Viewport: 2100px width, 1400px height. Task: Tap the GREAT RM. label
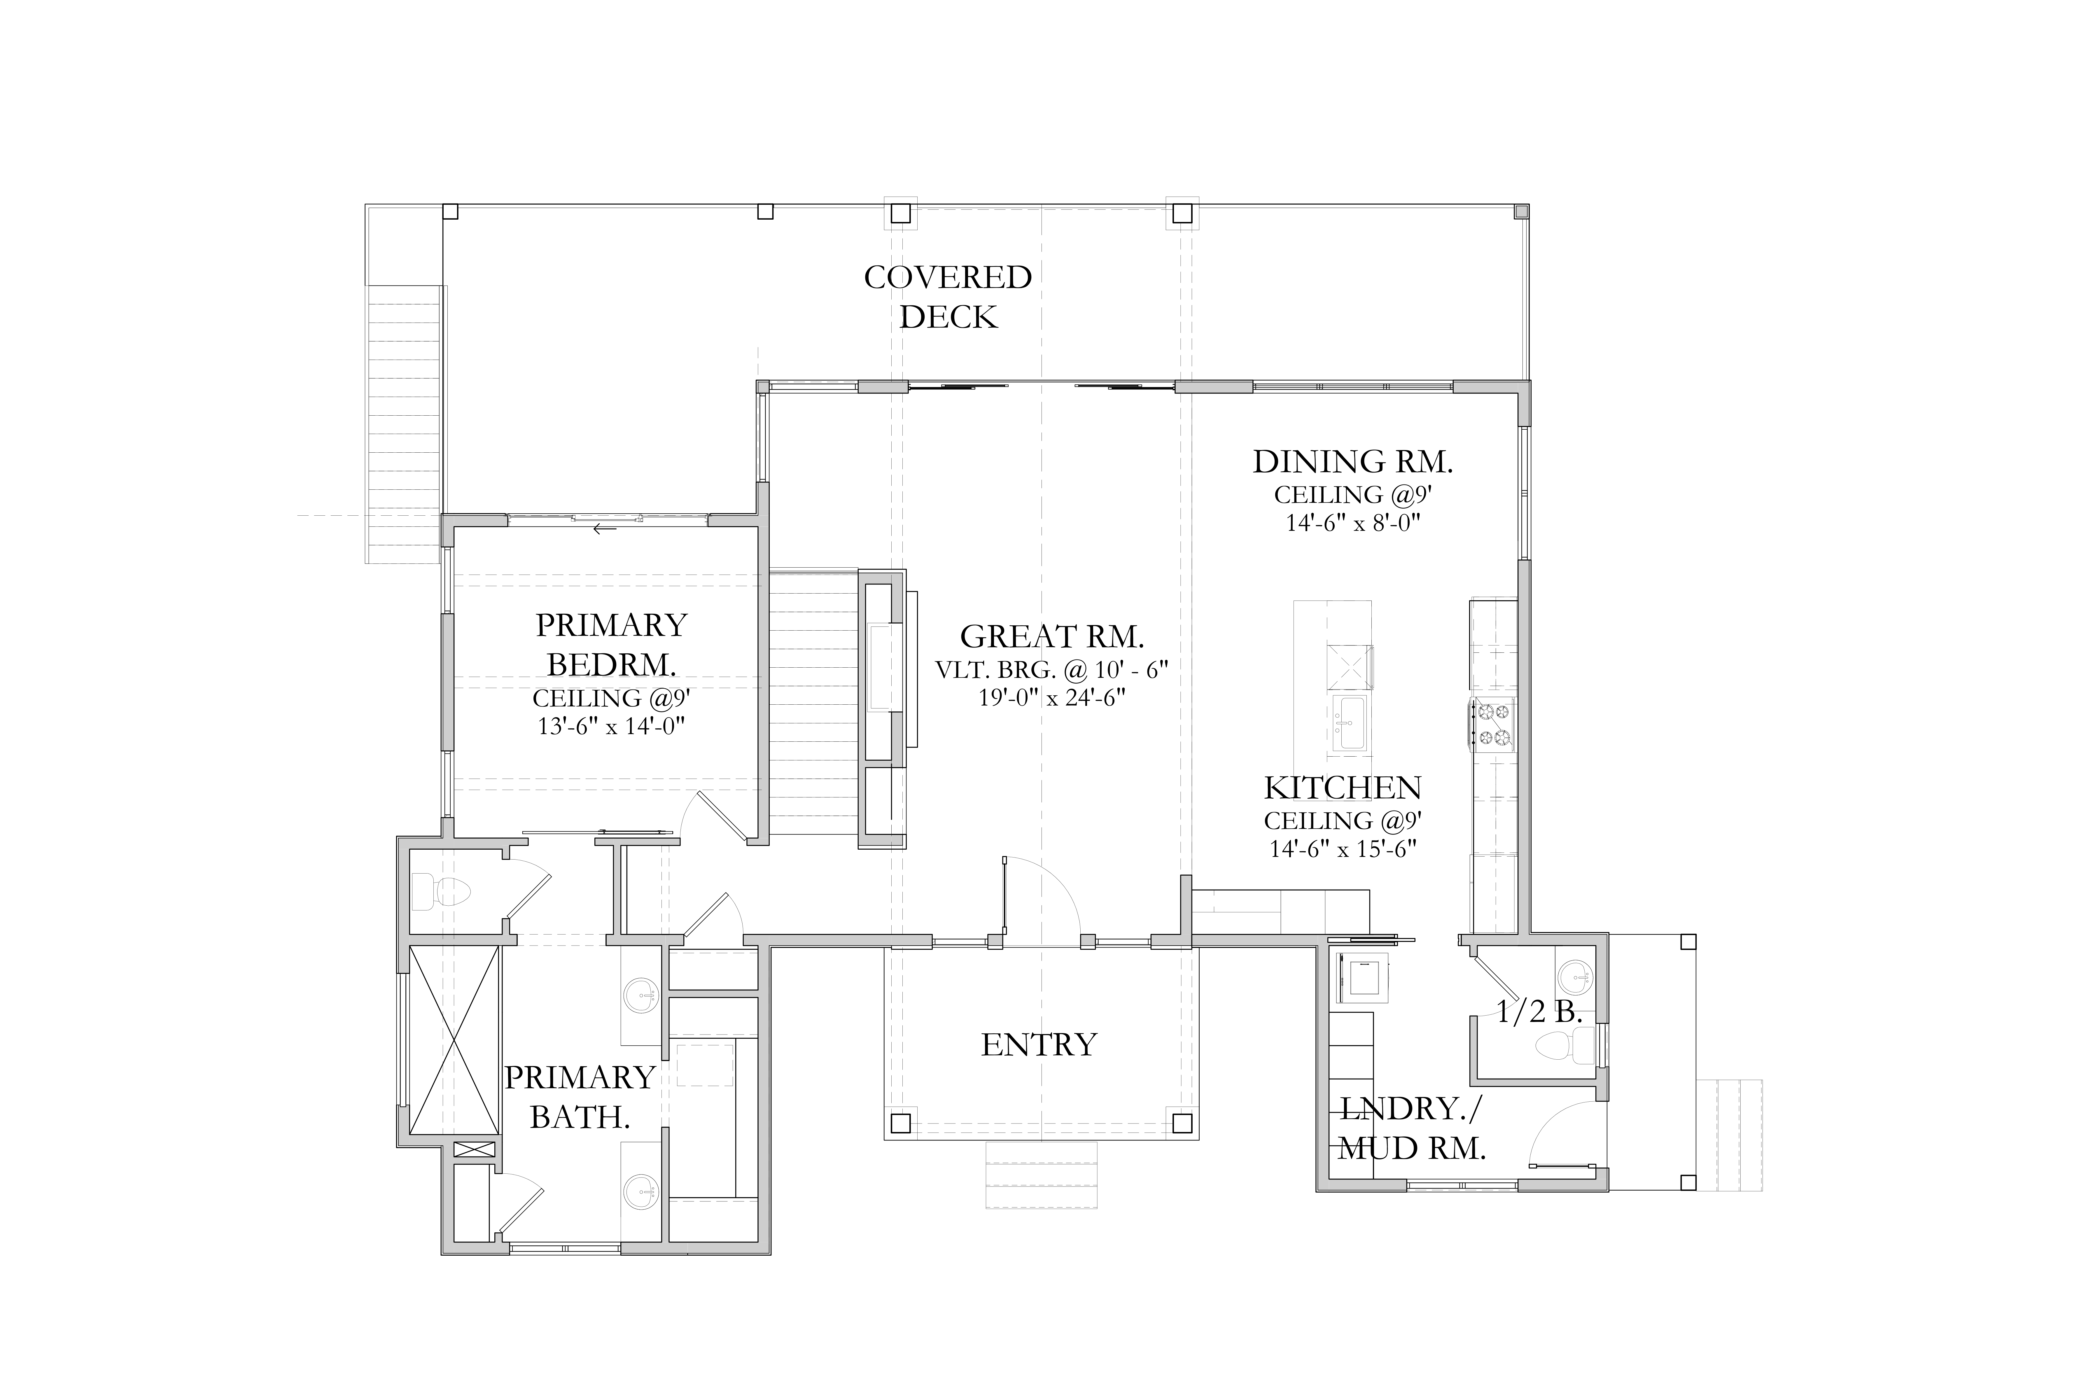(x=1052, y=637)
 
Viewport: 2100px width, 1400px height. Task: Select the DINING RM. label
(x=1353, y=462)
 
